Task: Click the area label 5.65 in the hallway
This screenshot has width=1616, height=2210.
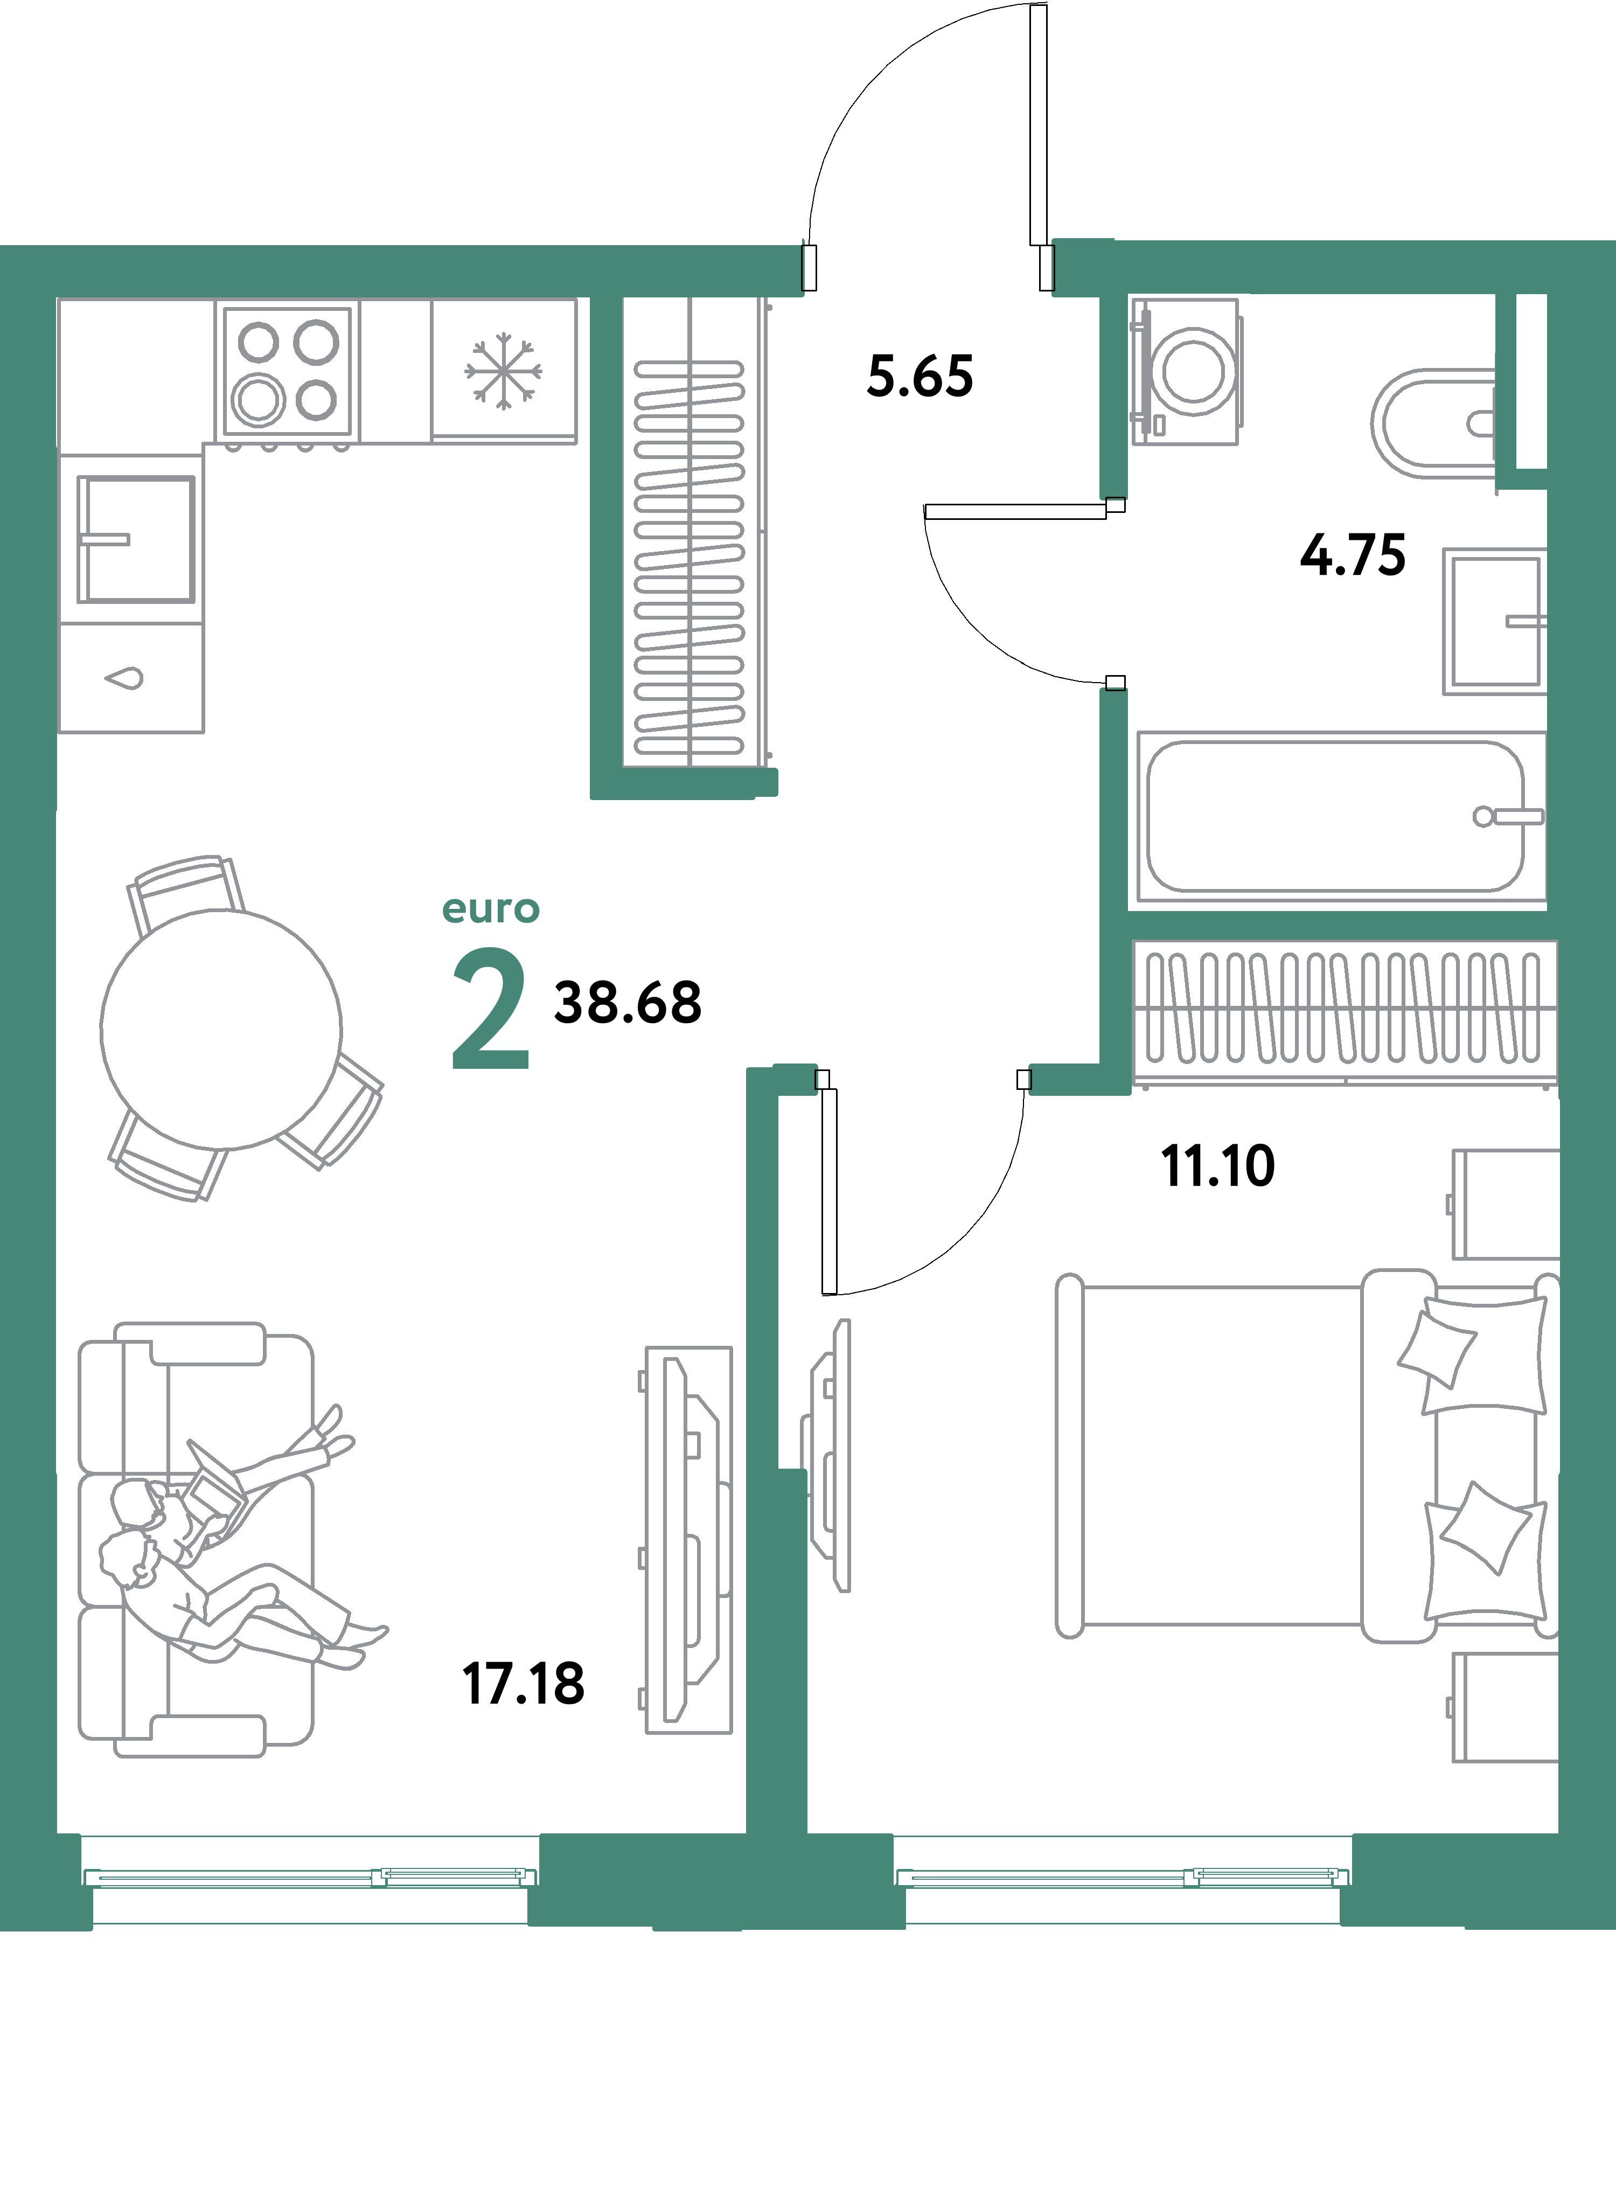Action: [x=920, y=377]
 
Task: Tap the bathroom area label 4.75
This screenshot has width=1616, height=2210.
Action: [x=1353, y=555]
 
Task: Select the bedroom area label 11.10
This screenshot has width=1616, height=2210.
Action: [x=1218, y=1166]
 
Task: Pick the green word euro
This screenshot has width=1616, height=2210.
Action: [x=490, y=910]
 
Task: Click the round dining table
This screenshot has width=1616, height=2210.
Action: [x=221, y=1029]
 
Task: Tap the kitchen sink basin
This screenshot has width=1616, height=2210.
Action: [x=136, y=539]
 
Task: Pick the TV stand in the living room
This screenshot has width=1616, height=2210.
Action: [x=688, y=1541]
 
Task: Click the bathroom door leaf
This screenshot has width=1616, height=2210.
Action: [x=1014, y=511]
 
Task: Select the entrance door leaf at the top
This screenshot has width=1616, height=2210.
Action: [x=1038, y=125]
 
